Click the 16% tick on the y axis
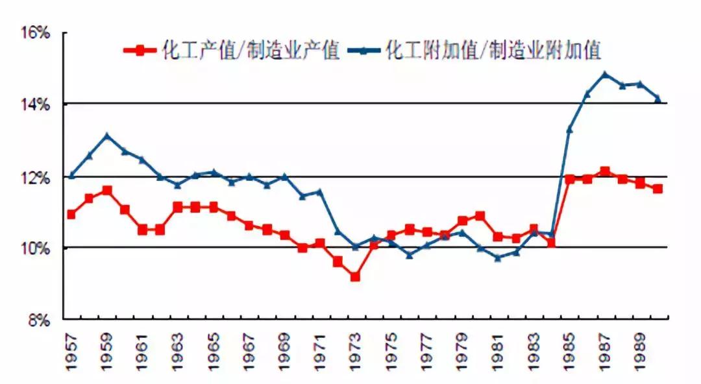(36, 32)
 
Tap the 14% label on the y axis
(36, 104)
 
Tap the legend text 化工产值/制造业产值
(251, 51)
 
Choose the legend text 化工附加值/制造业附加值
(494, 51)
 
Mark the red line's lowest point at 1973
(355, 277)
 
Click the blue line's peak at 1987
(605, 75)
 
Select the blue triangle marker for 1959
(107, 136)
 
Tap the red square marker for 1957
(71, 214)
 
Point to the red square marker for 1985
(570, 179)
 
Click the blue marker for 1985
(569, 130)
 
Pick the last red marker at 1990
(658, 189)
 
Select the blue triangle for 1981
(498, 258)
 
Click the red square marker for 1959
(107, 191)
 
